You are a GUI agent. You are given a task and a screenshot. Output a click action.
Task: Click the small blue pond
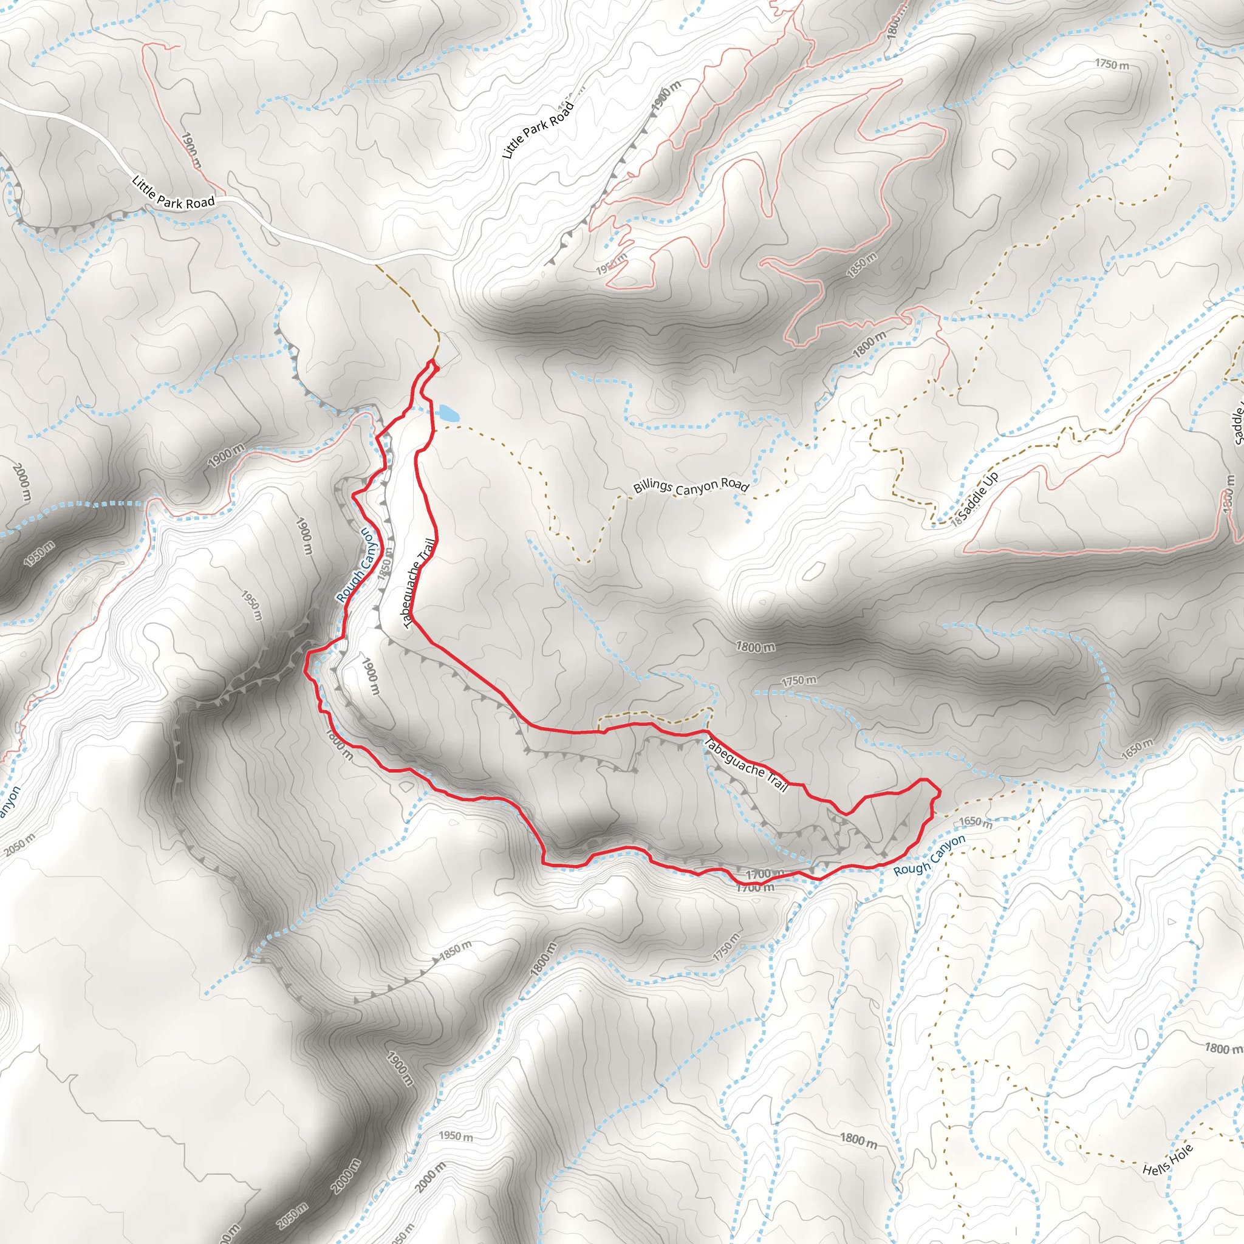pyautogui.click(x=448, y=412)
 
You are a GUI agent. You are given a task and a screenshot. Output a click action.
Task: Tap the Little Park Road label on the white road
pyautogui.click(x=173, y=193)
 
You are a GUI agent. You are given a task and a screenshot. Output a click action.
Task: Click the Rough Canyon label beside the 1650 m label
pyautogui.click(x=929, y=855)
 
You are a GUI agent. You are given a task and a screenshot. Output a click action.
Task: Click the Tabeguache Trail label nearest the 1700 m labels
pyautogui.click(x=746, y=765)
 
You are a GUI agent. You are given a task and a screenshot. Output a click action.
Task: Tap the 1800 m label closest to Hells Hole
pyautogui.click(x=1223, y=1048)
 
